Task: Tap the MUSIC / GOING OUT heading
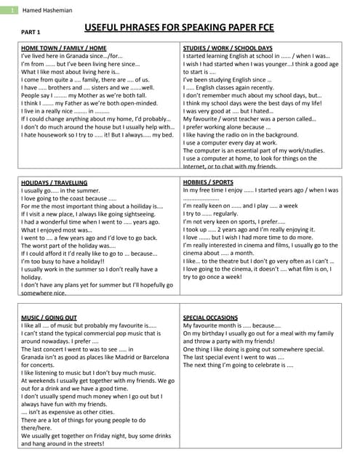point(49,318)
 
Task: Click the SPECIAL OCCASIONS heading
point(209,318)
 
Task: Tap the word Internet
point(196,166)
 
